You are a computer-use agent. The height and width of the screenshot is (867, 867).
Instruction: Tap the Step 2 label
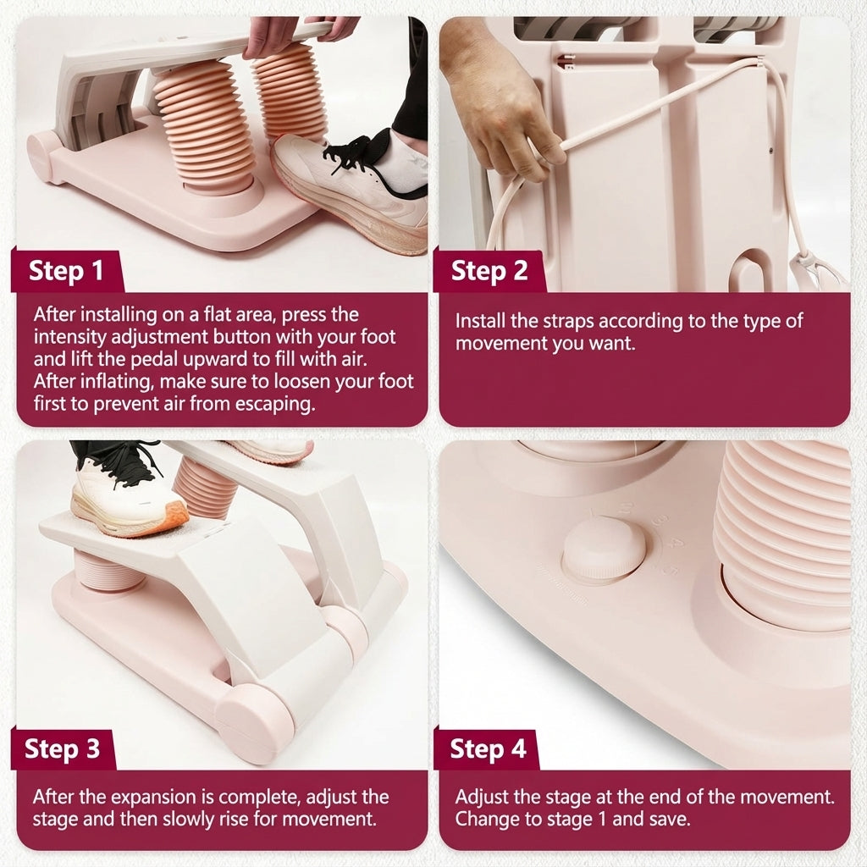coord(489,271)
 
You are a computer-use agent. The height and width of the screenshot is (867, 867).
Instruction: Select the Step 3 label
coord(63,748)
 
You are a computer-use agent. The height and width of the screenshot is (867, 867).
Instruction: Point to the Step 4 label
coord(488,748)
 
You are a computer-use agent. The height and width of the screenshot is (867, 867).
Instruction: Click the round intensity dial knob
coord(604,549)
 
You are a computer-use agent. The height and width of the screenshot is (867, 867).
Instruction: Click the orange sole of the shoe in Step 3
coord(161,520)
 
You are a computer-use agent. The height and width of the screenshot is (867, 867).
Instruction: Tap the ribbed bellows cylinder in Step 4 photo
coord(787,533)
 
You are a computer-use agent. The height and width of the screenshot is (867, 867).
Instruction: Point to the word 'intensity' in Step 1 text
coord(68,337)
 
